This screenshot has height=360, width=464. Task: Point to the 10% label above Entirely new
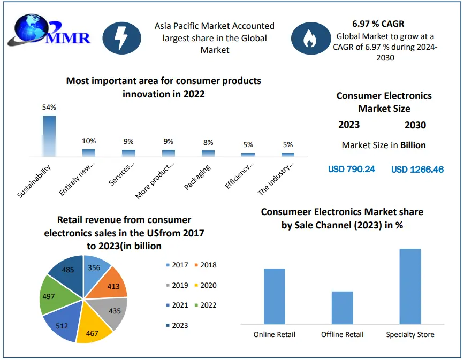click(x=89, y=141)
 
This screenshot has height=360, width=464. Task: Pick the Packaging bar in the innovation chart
click(x=208, y=153)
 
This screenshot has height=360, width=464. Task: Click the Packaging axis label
click(x=197, y=176)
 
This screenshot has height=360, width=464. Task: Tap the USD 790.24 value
click(x=352, y=169)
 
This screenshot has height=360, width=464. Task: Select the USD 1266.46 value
click(x=417, y=170)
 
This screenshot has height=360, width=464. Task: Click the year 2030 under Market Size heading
click(x=415, y=125)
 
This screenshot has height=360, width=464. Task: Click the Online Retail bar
click(x=275, y=296)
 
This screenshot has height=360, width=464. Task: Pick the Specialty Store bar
click(x=410, y=286)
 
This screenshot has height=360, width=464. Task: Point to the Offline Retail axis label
click(x=342, y=334)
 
